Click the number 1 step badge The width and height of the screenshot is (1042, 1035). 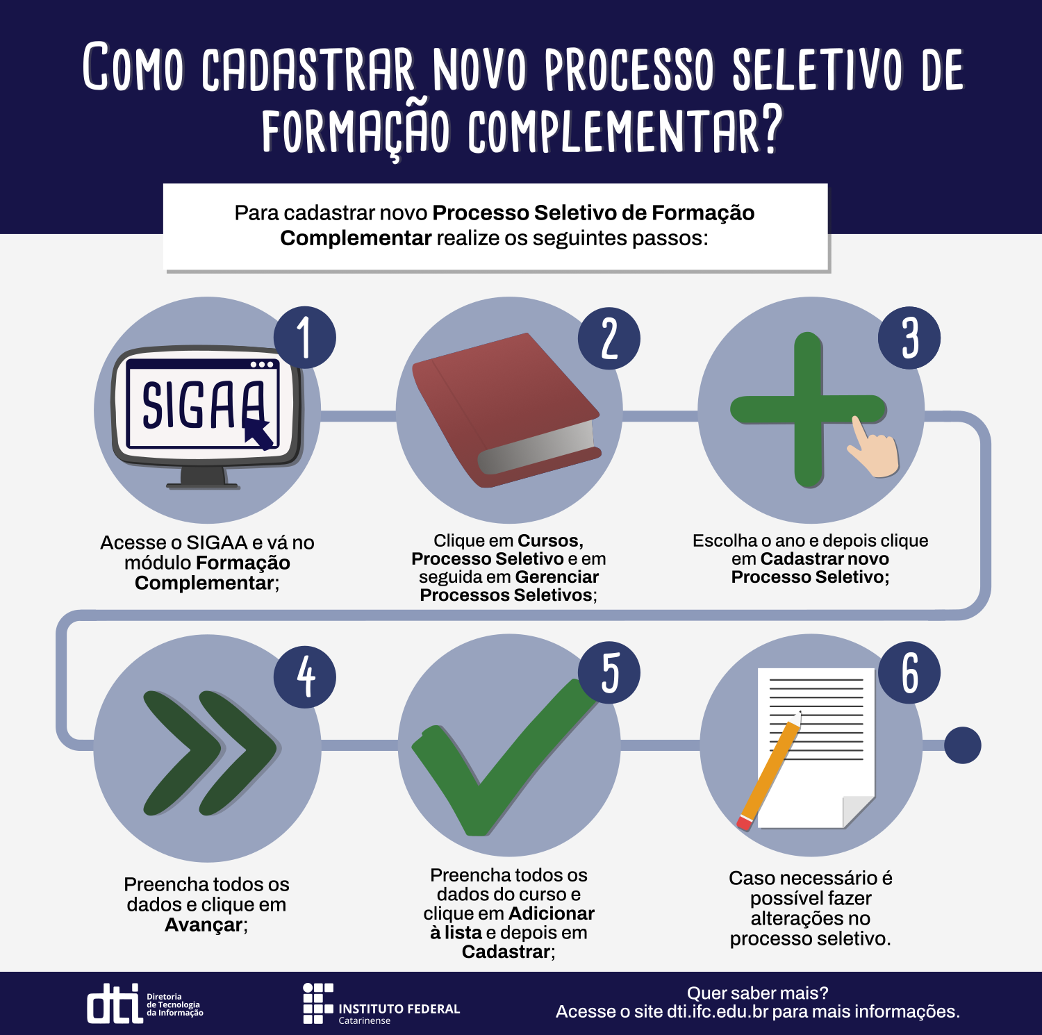(x=305, y=338)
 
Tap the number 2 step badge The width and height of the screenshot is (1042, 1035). (x=609, y=338)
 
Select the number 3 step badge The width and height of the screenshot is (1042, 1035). (x=909, y=338)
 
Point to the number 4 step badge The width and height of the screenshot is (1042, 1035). (x=305, y=677)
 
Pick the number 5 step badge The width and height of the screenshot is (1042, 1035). (x=609, y=672)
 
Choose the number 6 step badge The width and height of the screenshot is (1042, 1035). (x=909, y=672)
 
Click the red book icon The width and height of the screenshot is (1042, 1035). (x=506, y=410)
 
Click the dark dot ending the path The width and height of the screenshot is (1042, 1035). (x=962, y=745)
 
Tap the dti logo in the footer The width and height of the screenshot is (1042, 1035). (x=145, y=1003)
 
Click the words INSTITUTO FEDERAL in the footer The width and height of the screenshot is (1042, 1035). (x=399, y=1009)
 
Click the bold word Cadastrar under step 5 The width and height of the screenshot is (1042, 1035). (x=506, y=952)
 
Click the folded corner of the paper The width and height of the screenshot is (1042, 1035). (x=857, y=811)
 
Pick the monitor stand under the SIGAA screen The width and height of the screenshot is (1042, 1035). (x=202, y=478)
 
